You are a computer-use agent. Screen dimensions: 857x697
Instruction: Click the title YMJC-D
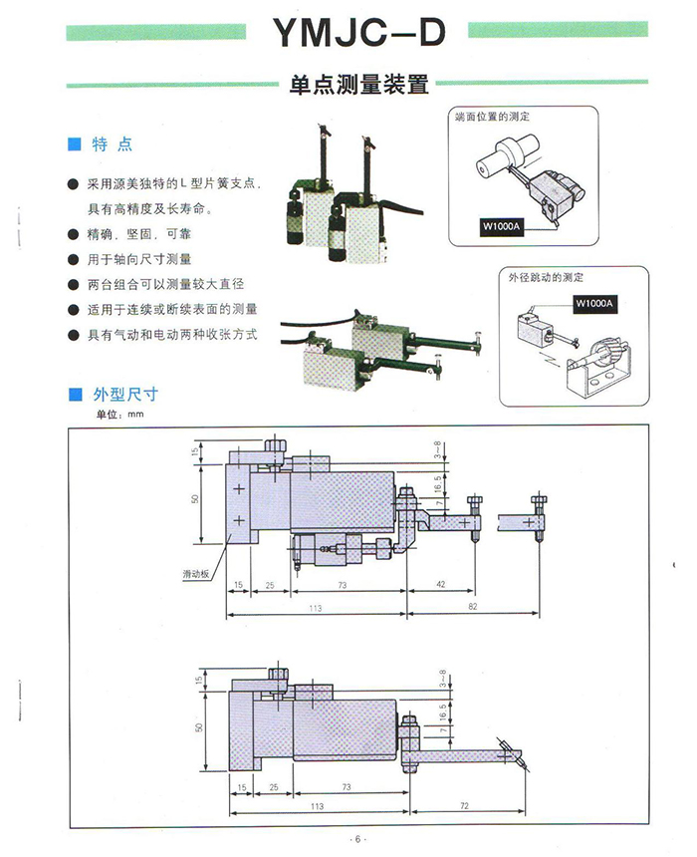[x=356, y=34]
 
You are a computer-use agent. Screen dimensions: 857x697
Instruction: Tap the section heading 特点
[x=113, y=144]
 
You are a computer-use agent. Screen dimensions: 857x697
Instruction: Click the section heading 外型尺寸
[x=125, y=396]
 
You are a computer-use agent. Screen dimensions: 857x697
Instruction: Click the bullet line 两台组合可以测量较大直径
[x=165, y=284]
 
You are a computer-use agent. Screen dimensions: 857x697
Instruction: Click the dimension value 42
[x=440, y=585]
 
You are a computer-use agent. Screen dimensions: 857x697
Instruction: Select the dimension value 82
[x=474, y=606]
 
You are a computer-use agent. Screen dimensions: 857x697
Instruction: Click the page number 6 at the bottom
[x=356, y=840]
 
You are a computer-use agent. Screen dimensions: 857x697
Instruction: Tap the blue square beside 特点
[x=73, y=144]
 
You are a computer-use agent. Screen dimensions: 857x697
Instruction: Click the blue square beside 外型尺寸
[x=73, y=396]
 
